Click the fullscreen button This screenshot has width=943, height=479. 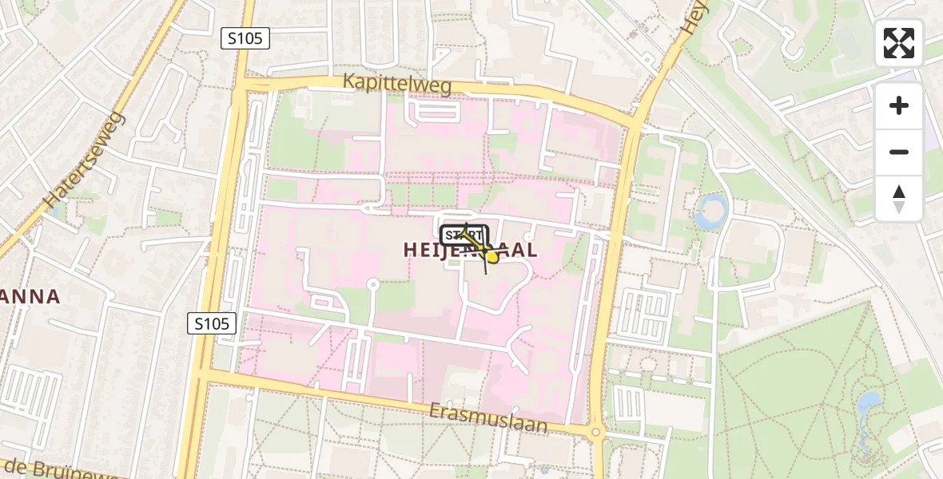pyautogui.click(x=899, y=43)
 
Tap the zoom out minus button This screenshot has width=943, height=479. pyautogui.click(x=899, y=152)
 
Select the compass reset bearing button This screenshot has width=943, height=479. pyautogui.click(x=899, y=199)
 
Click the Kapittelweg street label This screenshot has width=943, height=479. pyautogui.click(x=397, y=82)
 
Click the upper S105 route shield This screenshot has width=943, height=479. pyautogui.click(x=245, y=38)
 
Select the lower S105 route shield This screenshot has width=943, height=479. pyautogui.click(x=213, y=323)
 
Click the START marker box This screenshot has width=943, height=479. pyautogui.click(x=464, y=235)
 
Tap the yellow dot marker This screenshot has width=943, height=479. pyautogui.click(x=493, y=257)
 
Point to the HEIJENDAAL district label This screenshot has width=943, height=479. pyautogui.click(x=470, y=250)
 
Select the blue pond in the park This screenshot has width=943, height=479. pyautogui.click(x=868, y=405)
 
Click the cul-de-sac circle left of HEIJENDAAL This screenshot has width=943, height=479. pyautogui.click(x=372, y=283)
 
